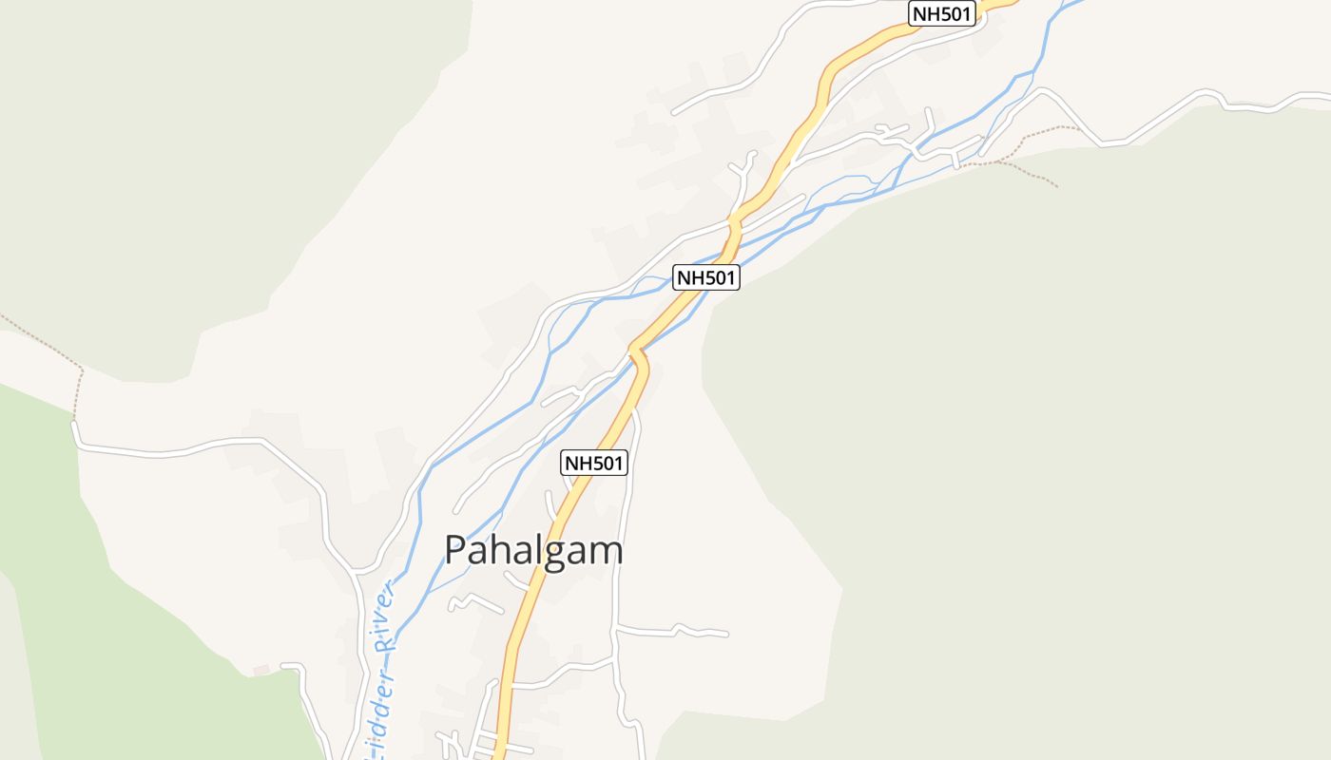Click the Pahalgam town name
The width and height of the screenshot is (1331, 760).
point(533,550)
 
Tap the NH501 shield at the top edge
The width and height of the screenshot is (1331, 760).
point(943,13)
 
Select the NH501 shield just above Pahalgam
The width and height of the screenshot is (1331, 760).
point(594,463)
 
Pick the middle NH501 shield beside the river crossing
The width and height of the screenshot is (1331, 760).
point(706,277)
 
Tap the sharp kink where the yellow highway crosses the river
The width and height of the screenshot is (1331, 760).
point(637,353)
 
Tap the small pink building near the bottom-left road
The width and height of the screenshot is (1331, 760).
point(261,671)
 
